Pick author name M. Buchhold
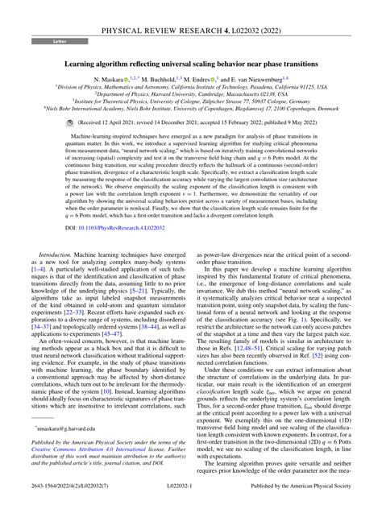(x=170, y=80)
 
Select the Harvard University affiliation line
(x=191, y=96)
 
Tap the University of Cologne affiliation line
(x=191, y=103)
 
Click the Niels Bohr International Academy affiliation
(x=191, y=110)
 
